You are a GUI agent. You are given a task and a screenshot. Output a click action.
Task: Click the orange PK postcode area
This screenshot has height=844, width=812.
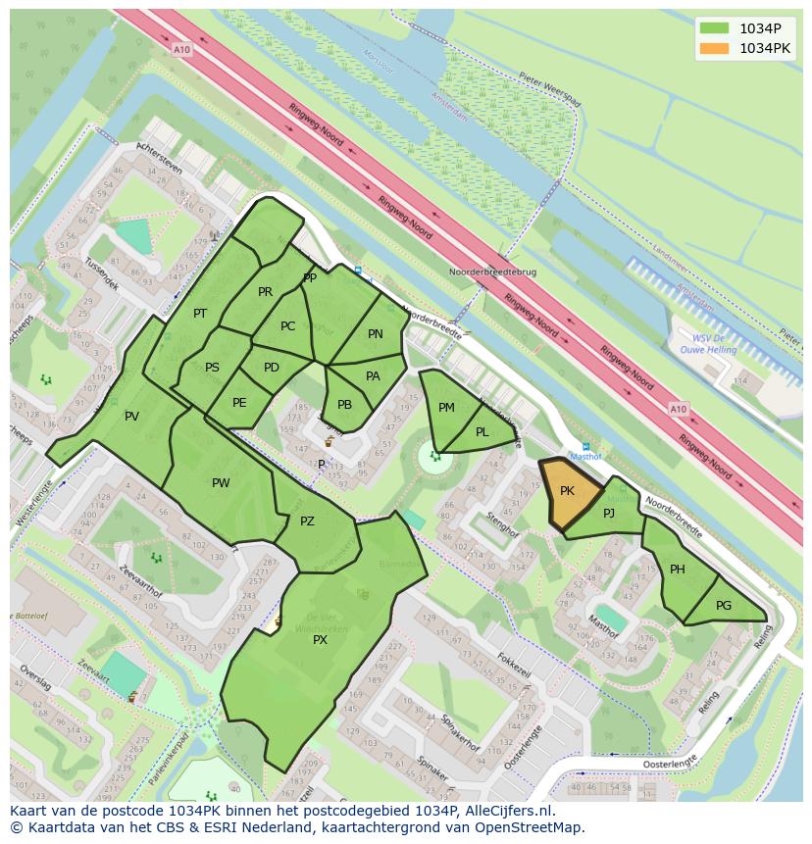(569, 493)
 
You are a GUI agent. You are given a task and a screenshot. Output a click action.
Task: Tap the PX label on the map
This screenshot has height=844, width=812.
(320, 640)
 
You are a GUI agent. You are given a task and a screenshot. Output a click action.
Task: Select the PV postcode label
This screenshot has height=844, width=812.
(131, 417)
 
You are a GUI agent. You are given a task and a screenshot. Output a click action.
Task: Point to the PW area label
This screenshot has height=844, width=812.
(221, 482)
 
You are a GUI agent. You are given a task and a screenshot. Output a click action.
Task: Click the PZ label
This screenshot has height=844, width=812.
(307, 521)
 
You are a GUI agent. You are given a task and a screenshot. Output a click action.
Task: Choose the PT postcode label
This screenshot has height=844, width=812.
(200, 314)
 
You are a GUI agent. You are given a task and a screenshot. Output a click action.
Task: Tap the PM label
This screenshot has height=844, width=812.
(446, 408)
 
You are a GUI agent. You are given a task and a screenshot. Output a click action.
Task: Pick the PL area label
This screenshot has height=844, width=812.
(482, 432)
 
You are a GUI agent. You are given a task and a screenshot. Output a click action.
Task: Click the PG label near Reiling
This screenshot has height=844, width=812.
(724, 606)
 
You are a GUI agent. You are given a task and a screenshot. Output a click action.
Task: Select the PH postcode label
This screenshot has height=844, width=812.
(678, 570)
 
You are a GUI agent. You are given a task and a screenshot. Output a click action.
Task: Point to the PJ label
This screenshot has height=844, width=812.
(609, 513)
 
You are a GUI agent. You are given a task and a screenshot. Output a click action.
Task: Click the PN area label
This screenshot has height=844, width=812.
(376, 334)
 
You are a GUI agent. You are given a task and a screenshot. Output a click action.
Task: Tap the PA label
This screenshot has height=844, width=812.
(373, 376)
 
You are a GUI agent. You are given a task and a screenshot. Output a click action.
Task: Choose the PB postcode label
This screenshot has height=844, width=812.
(344, 405)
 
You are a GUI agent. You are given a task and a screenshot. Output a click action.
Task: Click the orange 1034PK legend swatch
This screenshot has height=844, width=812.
(714, 48)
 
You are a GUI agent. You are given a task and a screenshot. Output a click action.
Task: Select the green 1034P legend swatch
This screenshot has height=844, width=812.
(714, 27)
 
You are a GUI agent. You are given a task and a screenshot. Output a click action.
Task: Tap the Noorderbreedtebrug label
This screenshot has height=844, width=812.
(492, 272)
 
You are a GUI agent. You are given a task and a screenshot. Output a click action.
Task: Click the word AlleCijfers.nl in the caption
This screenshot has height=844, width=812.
(509, 811)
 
